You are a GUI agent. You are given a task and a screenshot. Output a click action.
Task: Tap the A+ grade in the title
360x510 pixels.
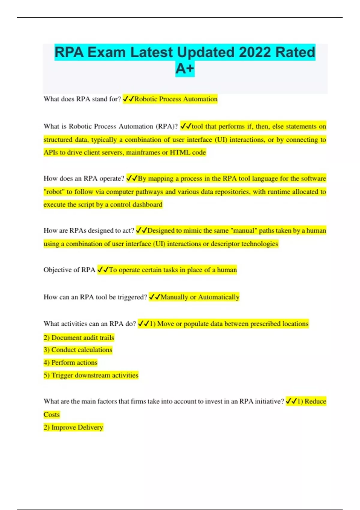click(x=185, y=69)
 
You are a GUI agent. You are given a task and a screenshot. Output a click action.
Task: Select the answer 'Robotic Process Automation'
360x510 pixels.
click(x=176, y=99)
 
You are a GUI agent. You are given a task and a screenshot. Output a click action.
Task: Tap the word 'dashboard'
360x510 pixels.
click(x=147, y=205)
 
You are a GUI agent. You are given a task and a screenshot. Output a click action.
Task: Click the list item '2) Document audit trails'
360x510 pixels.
click(x=79, y=337)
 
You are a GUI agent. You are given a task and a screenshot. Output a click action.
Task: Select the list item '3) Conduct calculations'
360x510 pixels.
click(x=78, y=350)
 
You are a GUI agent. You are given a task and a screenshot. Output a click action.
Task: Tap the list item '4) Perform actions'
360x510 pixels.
click(x=70, y=362)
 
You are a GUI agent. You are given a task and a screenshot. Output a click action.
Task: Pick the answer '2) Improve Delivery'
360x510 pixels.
click(x=73, y=427)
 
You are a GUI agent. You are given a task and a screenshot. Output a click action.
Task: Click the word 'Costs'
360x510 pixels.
click(x=52, y=415)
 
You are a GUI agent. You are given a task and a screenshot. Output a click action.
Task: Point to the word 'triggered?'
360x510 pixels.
click(x=132, y=297)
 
